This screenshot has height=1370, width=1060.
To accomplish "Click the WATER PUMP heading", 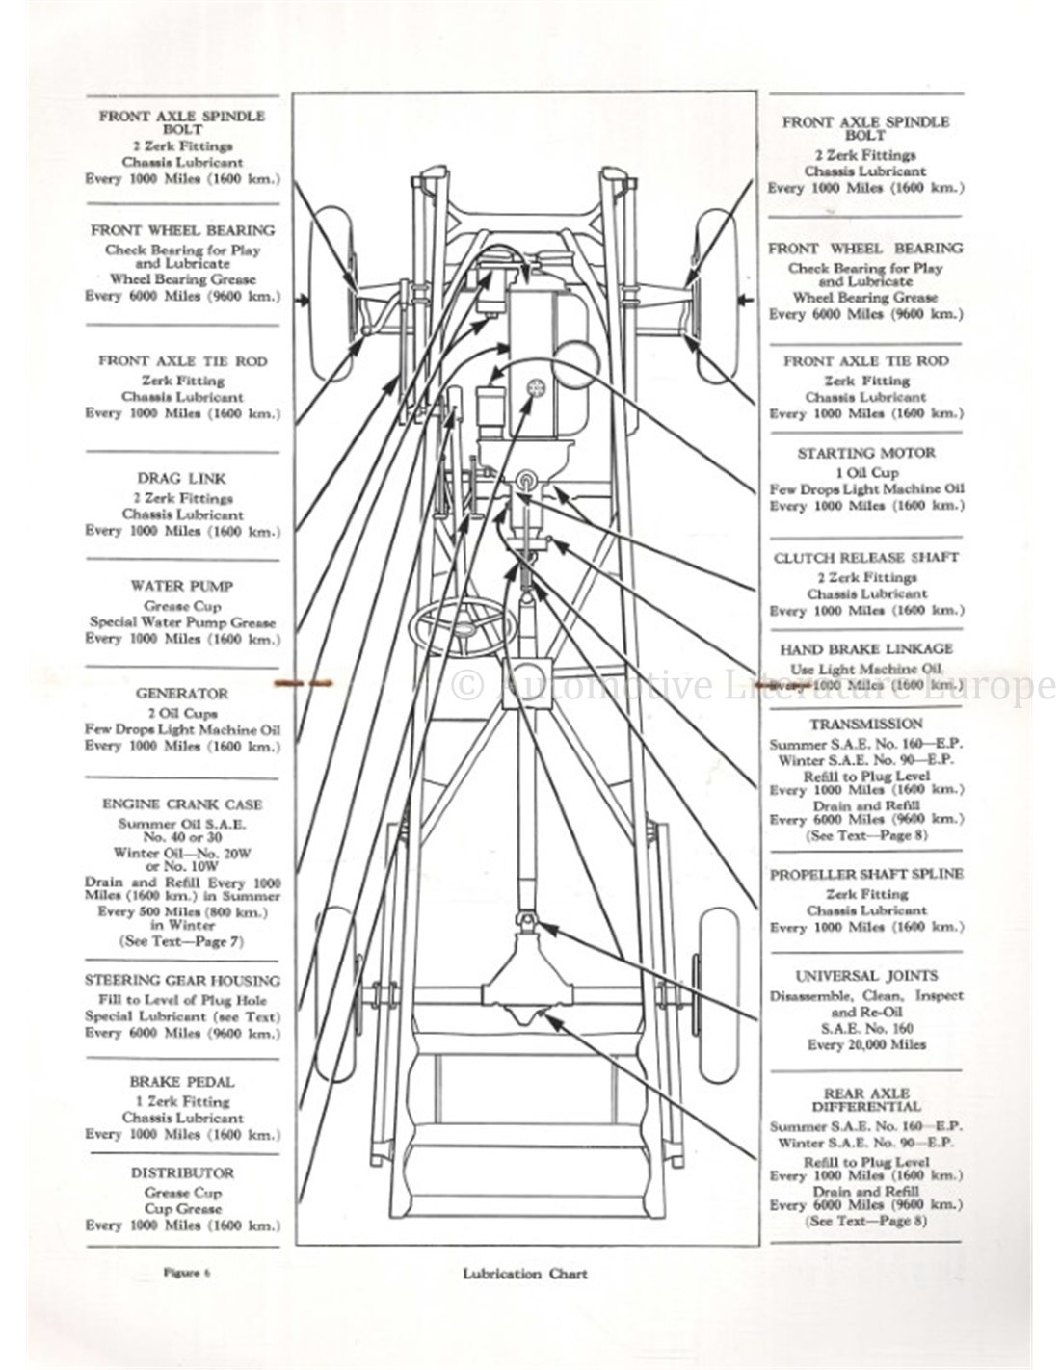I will [182, 586].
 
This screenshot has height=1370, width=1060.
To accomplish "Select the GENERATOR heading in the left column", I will [182, 694].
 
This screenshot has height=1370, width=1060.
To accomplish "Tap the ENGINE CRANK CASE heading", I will [182, 804].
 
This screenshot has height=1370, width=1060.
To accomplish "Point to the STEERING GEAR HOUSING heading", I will [182, 981].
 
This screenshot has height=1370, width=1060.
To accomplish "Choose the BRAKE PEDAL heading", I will [182, 1083].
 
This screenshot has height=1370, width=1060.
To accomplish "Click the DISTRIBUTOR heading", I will [182, 1173].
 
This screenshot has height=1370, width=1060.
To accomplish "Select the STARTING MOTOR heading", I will [866, 453].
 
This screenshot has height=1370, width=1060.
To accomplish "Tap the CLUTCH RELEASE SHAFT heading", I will [866, 558].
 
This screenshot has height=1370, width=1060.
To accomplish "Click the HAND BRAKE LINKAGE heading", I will [866, 649].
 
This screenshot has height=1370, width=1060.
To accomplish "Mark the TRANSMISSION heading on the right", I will [866, 724].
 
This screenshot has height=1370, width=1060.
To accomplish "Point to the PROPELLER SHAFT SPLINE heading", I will [866, 875].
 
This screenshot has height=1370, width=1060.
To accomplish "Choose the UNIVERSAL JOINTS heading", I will [866, 976].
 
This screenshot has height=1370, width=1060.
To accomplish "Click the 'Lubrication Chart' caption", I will [524, 1274].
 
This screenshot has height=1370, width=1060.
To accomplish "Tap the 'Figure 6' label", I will [183, 1273].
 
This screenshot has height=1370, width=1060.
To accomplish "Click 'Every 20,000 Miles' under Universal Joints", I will [866, 1045].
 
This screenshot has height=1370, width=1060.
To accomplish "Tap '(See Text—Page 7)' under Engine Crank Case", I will [182, 939].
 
